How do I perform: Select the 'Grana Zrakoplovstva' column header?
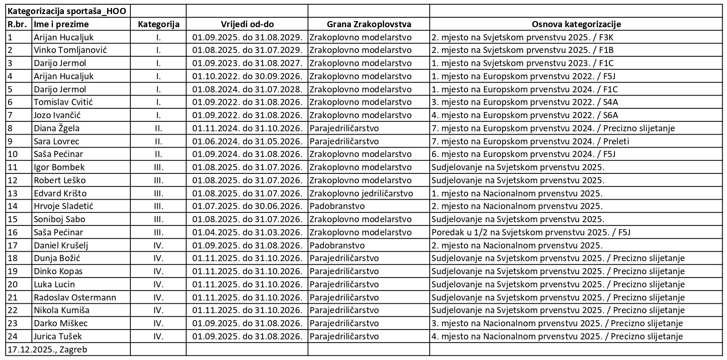369,24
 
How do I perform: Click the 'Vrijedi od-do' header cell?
247,24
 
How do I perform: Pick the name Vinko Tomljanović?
70,50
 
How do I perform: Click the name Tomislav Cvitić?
63,102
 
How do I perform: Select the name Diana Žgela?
57,128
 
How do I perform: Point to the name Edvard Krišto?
60,193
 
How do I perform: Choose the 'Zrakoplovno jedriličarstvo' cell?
361,193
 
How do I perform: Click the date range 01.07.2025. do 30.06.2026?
247,206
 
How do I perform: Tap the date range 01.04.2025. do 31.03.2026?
247,232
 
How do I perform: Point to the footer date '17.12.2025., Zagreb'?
47,349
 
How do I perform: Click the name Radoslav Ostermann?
75,297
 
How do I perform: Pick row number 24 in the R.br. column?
12,336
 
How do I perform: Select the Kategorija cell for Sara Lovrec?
159,141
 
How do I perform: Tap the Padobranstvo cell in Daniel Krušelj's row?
337,245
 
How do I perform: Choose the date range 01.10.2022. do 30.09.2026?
247,76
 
